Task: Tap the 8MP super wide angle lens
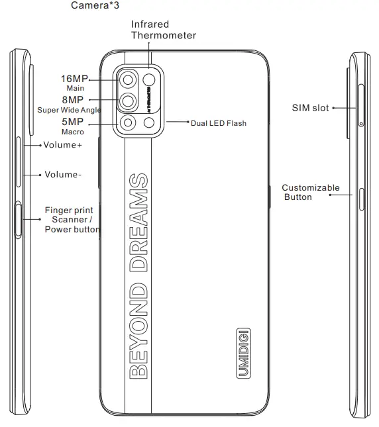point(128,101)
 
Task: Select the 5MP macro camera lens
point(128,122)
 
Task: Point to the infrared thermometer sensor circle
point(150,80)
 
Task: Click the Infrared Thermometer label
point(163,30)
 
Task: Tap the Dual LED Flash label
point(218,122)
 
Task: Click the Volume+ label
point(63,145)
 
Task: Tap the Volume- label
point(64,175)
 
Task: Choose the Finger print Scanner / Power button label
point(72,220)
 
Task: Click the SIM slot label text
point(310,107)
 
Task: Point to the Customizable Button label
point(310,192)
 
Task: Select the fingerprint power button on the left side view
point(18,220)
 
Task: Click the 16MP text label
point(74,79)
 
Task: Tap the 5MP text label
point(72,122)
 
